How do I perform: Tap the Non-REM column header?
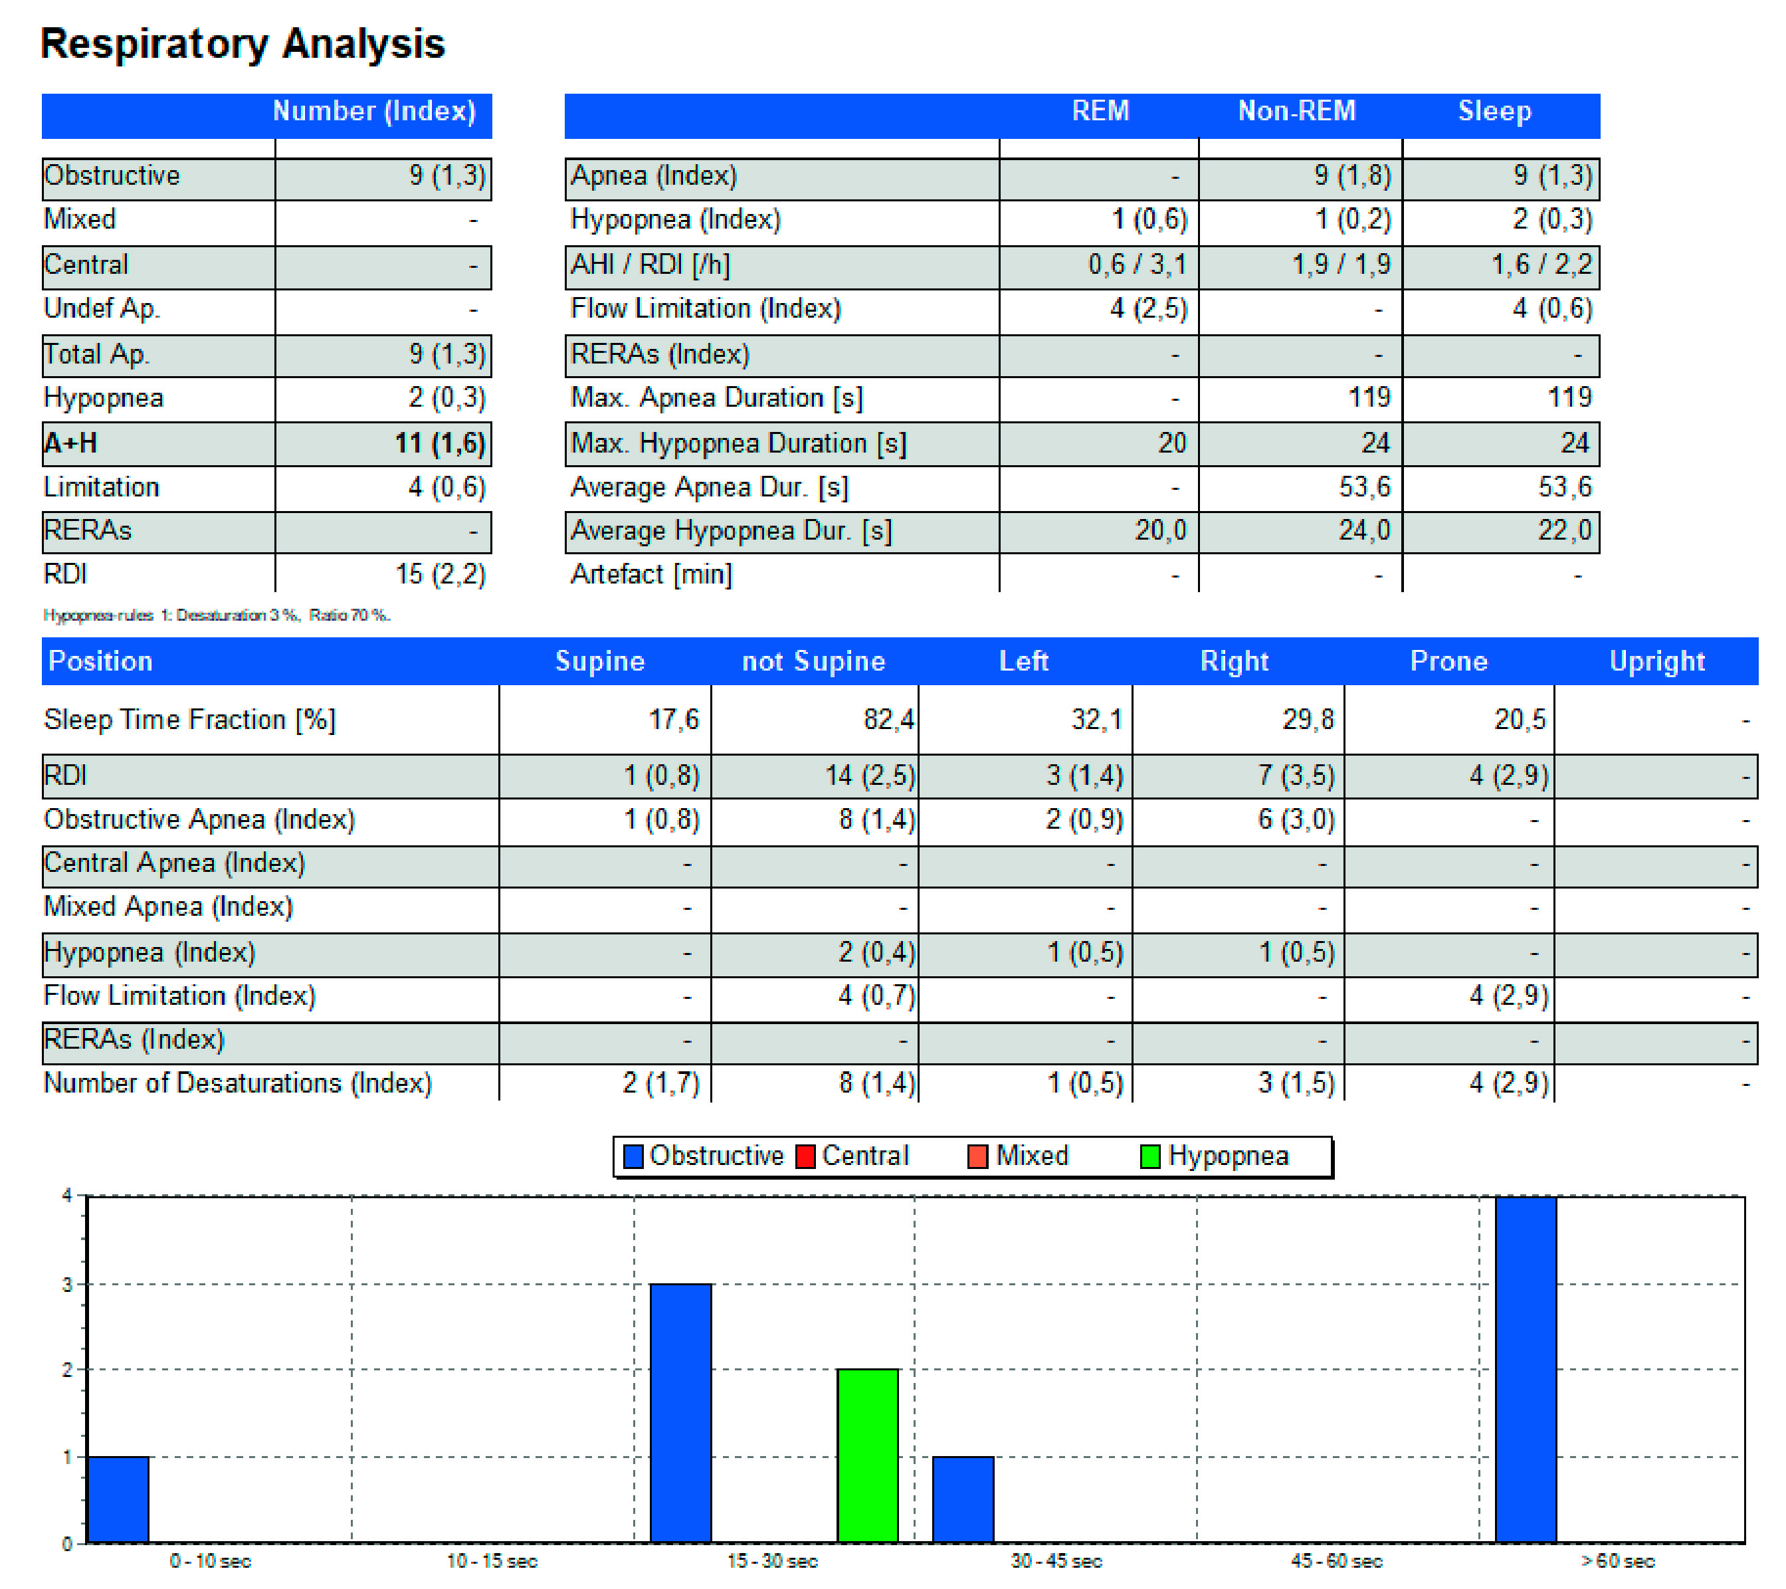tap(1297, 111)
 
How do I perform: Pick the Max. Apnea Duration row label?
tap(716, 397)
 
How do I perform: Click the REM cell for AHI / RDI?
tap(1137, 265)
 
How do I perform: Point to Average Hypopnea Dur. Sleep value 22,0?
tap(1564, 530)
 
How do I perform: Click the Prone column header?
tap(1448, 661)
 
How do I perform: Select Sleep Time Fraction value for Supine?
tap(673, 719)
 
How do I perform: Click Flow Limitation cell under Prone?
tap(1508, 996)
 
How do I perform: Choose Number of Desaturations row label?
tap(238, 1083)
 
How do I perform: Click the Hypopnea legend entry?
tap(1215, 1156)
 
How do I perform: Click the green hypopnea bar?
tap(868, 1455)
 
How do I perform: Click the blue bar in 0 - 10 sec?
tap(119, 1499)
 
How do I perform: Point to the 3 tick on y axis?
tap(67, 1285)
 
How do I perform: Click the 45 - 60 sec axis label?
tap(1336, 1561)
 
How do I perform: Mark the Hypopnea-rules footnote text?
tap(217, 615)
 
